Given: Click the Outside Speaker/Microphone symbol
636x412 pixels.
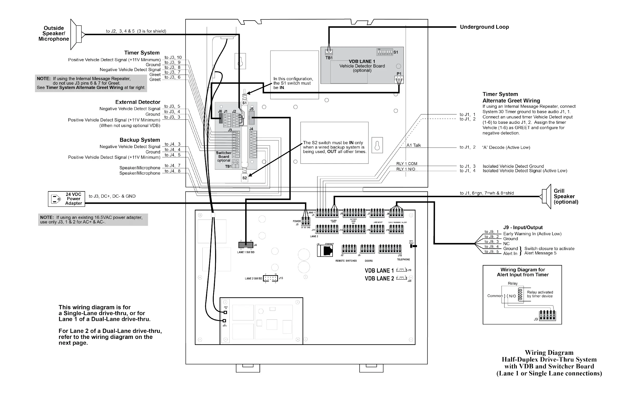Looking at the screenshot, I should point(77,34).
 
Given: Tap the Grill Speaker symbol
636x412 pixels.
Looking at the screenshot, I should point(546,196).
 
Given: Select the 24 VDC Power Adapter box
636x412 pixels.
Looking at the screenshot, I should point(67,199).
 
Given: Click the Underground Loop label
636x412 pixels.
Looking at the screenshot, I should point(484,27).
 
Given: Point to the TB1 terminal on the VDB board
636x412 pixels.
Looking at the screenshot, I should point(329,52).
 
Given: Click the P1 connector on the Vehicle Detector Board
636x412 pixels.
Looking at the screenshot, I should point(399,79).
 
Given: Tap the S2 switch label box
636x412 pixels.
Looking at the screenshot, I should point(244,178).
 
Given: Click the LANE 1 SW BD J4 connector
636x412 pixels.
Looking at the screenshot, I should point(246,245).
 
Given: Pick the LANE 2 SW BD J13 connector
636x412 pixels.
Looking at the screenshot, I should point(270,278).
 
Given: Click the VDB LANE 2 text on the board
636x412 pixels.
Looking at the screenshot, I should point(379,279).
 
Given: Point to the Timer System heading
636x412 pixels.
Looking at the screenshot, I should point(142,53).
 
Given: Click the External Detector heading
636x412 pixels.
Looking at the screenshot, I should point(138,102).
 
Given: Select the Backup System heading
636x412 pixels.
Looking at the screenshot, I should point(140,140).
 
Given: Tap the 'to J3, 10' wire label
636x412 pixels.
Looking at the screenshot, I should point(173,57).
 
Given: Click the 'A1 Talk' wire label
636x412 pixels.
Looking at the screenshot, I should point(413,145).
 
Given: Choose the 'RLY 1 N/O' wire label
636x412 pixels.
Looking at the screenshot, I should point(405,169).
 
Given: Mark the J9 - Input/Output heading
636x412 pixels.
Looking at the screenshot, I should point(523,227).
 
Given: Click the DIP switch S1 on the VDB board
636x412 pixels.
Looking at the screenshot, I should point(385,52).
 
